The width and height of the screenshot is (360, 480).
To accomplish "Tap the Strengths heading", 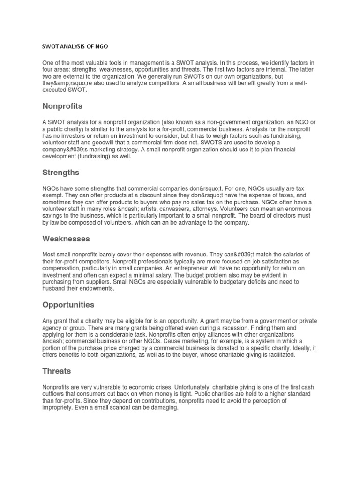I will coord(60,172).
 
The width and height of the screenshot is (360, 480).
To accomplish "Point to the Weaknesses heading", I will coord(66,239).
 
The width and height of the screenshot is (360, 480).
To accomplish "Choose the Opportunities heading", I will coord(68,305).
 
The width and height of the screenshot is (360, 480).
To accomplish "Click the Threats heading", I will coord(57,371).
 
